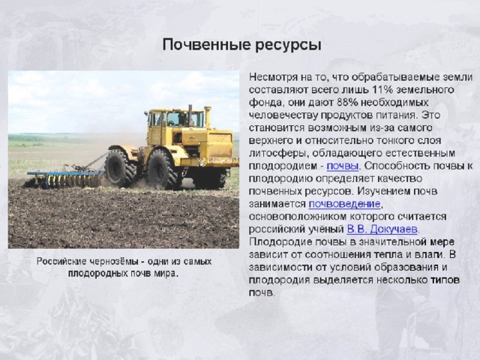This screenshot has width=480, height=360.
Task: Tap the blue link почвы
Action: coord(343,166)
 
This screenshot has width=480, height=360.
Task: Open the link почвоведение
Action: coord(345,203)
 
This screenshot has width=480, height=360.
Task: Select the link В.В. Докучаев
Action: coord(382,229)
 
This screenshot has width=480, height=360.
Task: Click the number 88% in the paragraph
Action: coord(347,102)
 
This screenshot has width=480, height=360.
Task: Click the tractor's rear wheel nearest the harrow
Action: coord(120,167)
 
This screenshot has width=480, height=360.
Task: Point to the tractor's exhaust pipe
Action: coord(190,115)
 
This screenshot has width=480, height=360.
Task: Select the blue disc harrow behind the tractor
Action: coord(64,178)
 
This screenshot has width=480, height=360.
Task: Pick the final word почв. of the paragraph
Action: coord(262,293)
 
